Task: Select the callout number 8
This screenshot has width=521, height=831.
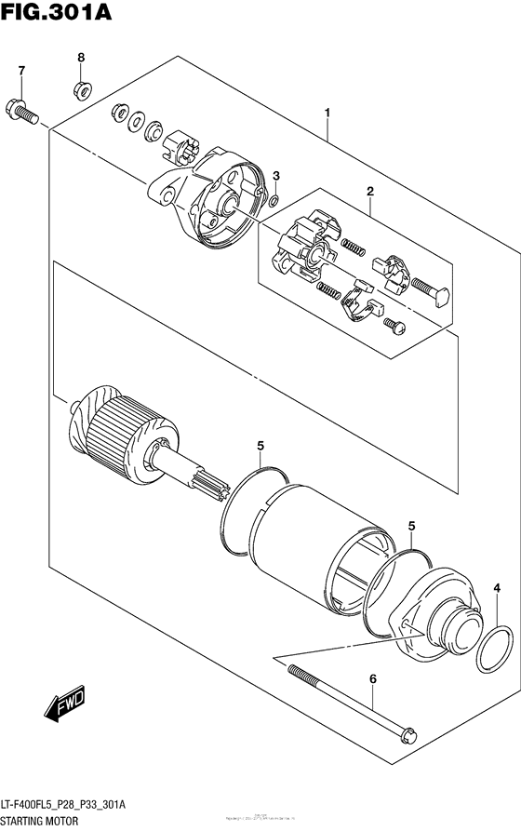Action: pos(81,58)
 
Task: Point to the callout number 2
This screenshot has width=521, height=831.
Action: pos(369,192)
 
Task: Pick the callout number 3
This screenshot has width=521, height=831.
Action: pos(275,176)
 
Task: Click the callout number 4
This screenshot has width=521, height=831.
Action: pos(497,587)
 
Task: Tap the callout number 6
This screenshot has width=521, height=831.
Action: pos(373,679)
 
